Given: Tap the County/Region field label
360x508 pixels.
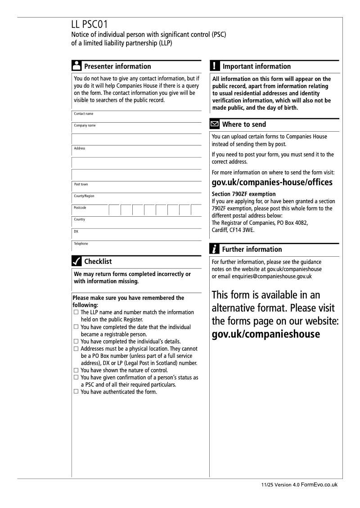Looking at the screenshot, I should [84, 196].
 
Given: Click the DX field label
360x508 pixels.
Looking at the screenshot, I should [76, 232].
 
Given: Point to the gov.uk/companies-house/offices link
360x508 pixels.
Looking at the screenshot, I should [272, 183].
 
